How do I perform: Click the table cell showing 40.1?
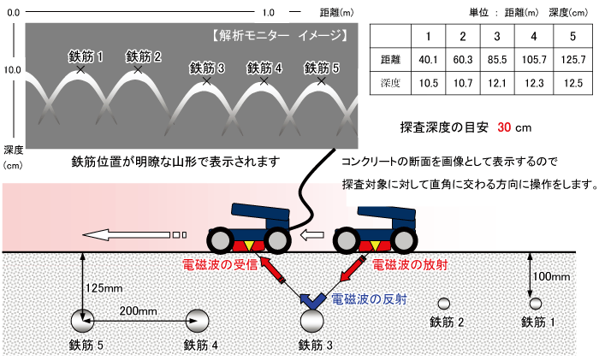(428, 60)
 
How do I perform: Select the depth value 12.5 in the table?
(572, 83)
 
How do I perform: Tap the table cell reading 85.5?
(497, 60)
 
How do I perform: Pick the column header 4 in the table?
(534, 36)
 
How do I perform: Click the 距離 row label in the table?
(390, 60)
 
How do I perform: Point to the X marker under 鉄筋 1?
(80, 69)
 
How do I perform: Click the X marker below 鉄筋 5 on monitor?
(321, 81)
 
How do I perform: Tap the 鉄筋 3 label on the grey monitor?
(207, 68)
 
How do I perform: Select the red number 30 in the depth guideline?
(504, 127)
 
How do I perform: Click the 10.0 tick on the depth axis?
(12, 70)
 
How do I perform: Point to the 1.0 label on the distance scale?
(268, 13)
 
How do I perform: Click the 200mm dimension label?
(139, 310)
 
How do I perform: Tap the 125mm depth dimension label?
(104, 288)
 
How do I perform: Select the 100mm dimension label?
(551, 276)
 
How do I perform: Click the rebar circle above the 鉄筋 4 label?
(197, 321)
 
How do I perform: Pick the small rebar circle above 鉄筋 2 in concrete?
(443, 304)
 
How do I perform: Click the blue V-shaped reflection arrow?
(313, 301)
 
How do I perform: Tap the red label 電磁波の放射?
(410, 264)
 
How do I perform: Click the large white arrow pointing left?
(126, 234)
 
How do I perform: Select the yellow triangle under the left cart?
(249, 246)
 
